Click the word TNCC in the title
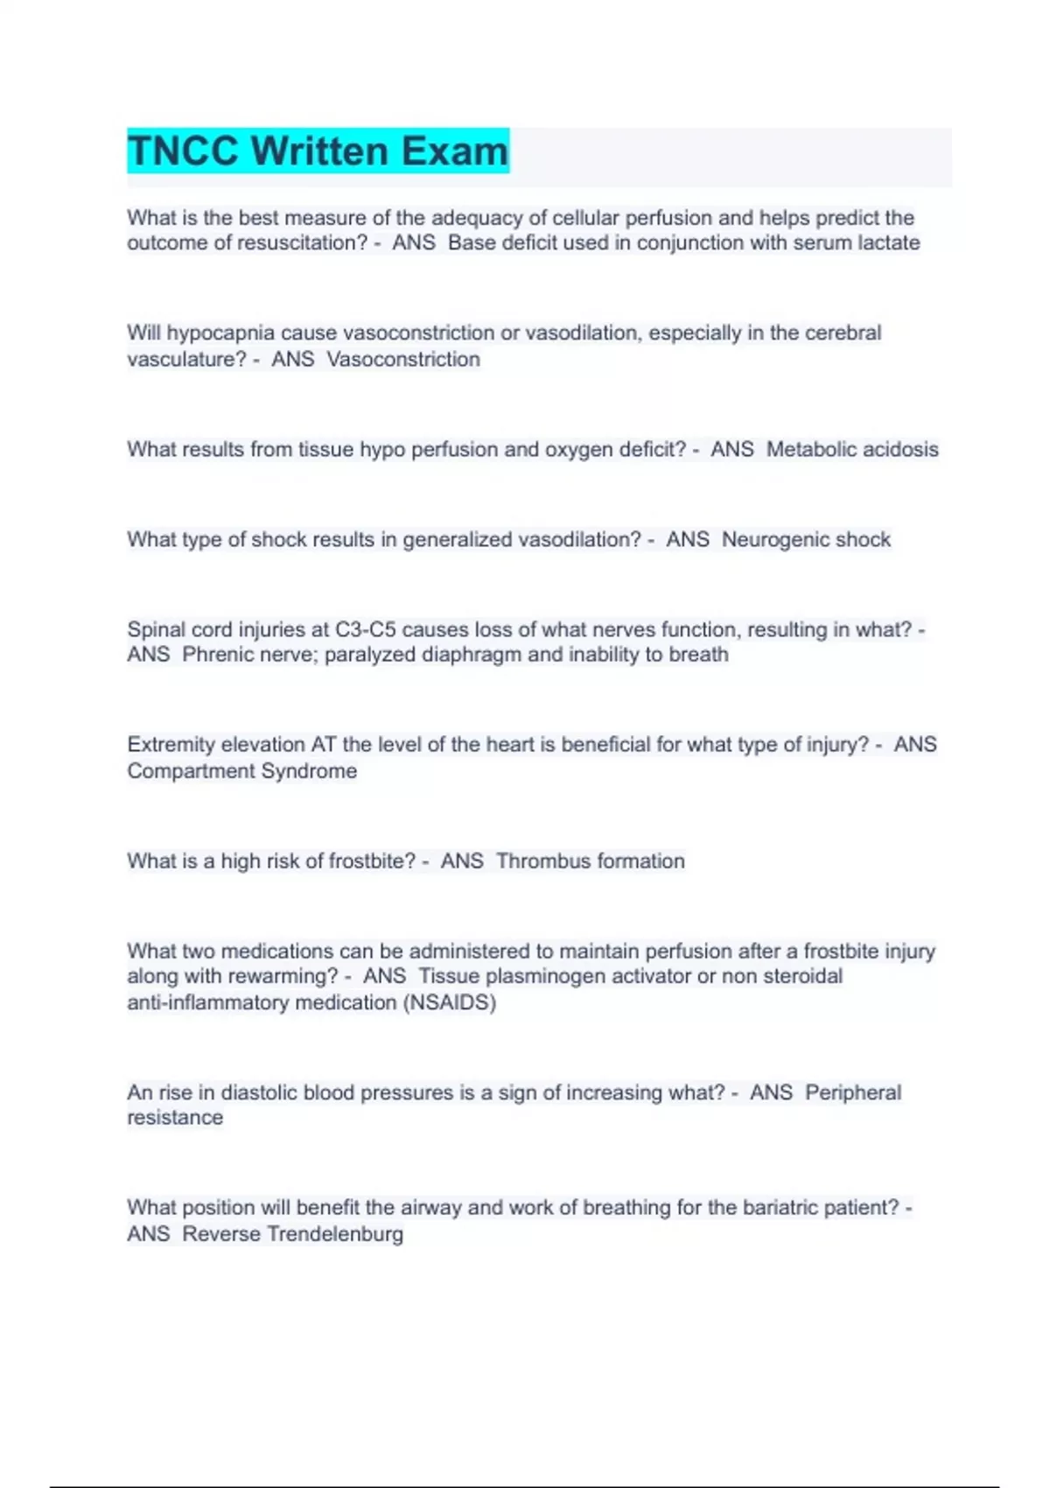[x=183, y=151]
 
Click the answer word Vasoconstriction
[x=403, y=359]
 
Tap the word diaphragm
[x=472, y=655]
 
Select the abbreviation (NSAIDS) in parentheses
[x=450, y=1002]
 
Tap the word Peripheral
[x=852, y=1092]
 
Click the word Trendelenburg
[x=335, y=1234]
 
